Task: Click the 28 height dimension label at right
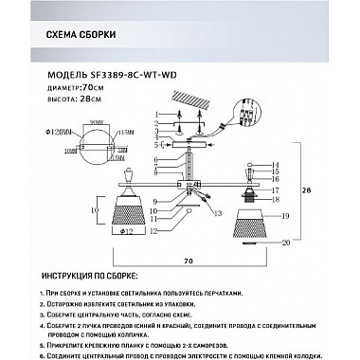[304, 189]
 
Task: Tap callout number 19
[284, 217]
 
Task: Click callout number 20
[284, 243]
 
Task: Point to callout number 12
[153, 228]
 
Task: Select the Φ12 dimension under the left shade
[128, 231]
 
